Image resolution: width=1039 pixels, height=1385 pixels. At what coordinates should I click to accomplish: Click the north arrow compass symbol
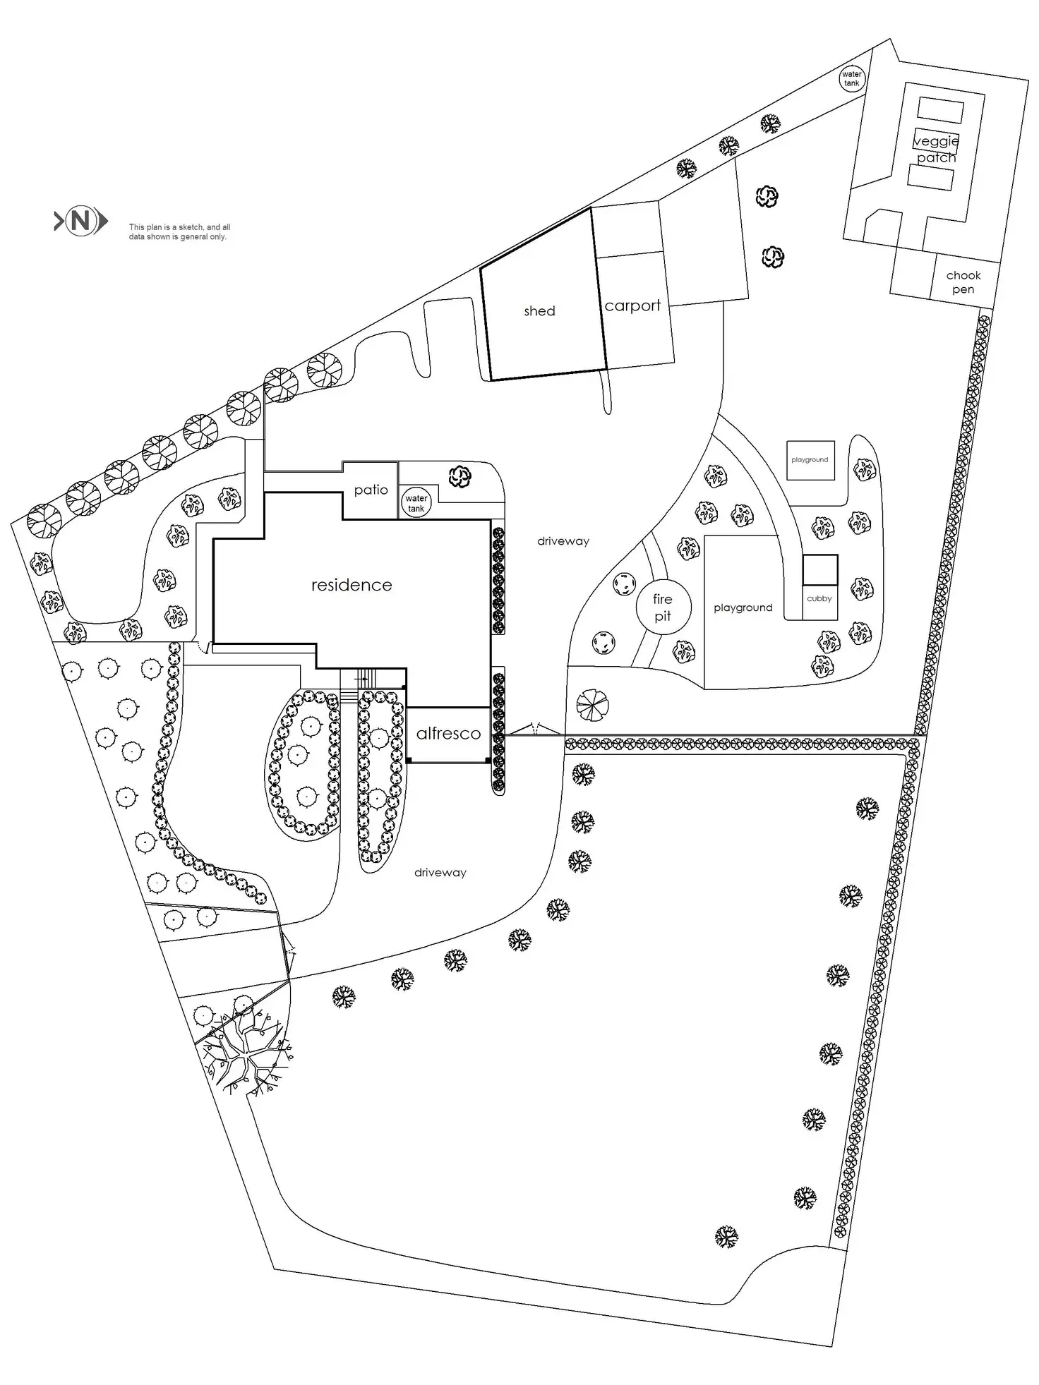[80, 222]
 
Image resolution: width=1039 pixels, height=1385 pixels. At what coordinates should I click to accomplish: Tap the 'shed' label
[539, 311]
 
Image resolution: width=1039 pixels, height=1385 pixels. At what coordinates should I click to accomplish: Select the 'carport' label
[632, 306]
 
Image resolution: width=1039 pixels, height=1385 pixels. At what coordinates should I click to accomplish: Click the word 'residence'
[352, 585]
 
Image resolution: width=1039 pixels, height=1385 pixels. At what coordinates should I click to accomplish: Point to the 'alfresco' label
[448, 734]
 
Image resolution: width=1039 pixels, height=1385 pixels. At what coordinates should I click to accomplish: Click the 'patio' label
[371, 490]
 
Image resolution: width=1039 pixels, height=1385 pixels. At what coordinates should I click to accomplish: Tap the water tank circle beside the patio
[416, 503]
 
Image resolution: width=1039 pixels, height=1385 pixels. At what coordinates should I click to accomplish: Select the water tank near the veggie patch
[852, 78]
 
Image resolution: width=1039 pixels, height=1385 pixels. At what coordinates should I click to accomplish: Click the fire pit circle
[663, 607]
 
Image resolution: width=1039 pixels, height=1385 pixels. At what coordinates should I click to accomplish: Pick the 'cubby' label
[819, 598]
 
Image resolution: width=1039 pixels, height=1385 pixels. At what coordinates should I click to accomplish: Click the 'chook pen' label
[963, 282]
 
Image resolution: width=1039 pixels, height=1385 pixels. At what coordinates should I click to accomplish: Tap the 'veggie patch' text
[936, 149]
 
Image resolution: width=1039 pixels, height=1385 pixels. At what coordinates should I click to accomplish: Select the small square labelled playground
[810, 460]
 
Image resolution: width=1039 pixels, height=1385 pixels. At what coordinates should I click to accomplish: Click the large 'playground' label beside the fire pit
[743, 607]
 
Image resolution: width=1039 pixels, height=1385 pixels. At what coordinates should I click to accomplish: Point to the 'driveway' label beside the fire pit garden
[563, 541]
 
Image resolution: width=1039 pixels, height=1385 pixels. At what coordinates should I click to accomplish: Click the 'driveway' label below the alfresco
[440, 873]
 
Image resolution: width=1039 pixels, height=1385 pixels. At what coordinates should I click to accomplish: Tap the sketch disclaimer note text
[179, 232]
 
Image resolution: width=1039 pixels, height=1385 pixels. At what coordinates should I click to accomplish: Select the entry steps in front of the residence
[365, 678]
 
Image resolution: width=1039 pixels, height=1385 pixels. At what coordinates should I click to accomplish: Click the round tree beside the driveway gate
[592, 705]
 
